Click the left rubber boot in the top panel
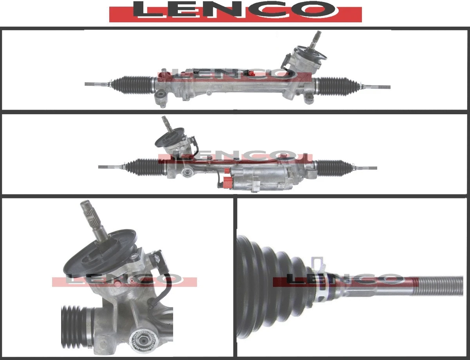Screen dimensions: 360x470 [133, 85]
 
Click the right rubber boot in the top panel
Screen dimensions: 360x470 [337, 86]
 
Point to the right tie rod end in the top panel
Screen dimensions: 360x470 [380, 87]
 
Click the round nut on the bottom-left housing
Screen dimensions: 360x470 [143, 338]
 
